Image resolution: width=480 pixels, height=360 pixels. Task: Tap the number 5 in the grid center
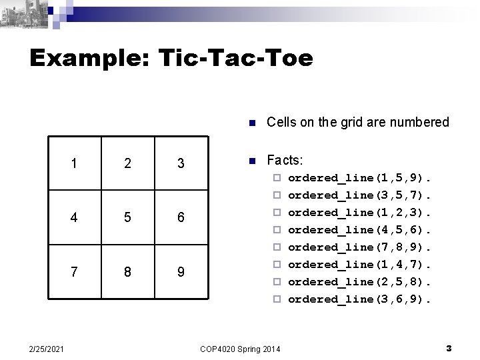(127, 219)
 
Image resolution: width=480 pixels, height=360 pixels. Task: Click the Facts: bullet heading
(285, 161)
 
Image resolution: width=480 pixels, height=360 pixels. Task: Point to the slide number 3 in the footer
(449, 347)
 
